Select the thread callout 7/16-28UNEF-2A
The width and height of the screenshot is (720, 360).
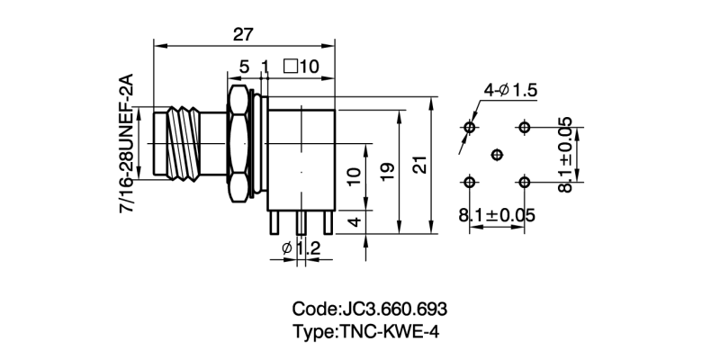[126, 145]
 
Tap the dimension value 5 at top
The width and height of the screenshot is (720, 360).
[244, 67]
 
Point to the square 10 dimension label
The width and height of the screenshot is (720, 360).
[301, 67]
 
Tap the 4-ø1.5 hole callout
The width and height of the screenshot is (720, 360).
[510, 90]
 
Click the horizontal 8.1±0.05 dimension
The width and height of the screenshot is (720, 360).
[497, 216]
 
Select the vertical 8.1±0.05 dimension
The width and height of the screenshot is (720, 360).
[565, 153]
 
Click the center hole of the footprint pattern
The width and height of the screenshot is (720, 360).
[496, 155]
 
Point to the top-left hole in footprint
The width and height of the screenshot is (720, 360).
[468, 127]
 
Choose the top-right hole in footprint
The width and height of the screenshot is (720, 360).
[525, 127]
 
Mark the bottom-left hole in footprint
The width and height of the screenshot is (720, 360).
[468, 183]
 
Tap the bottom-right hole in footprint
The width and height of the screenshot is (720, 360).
[525, 183]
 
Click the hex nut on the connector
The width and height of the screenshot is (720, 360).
[238, 143]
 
